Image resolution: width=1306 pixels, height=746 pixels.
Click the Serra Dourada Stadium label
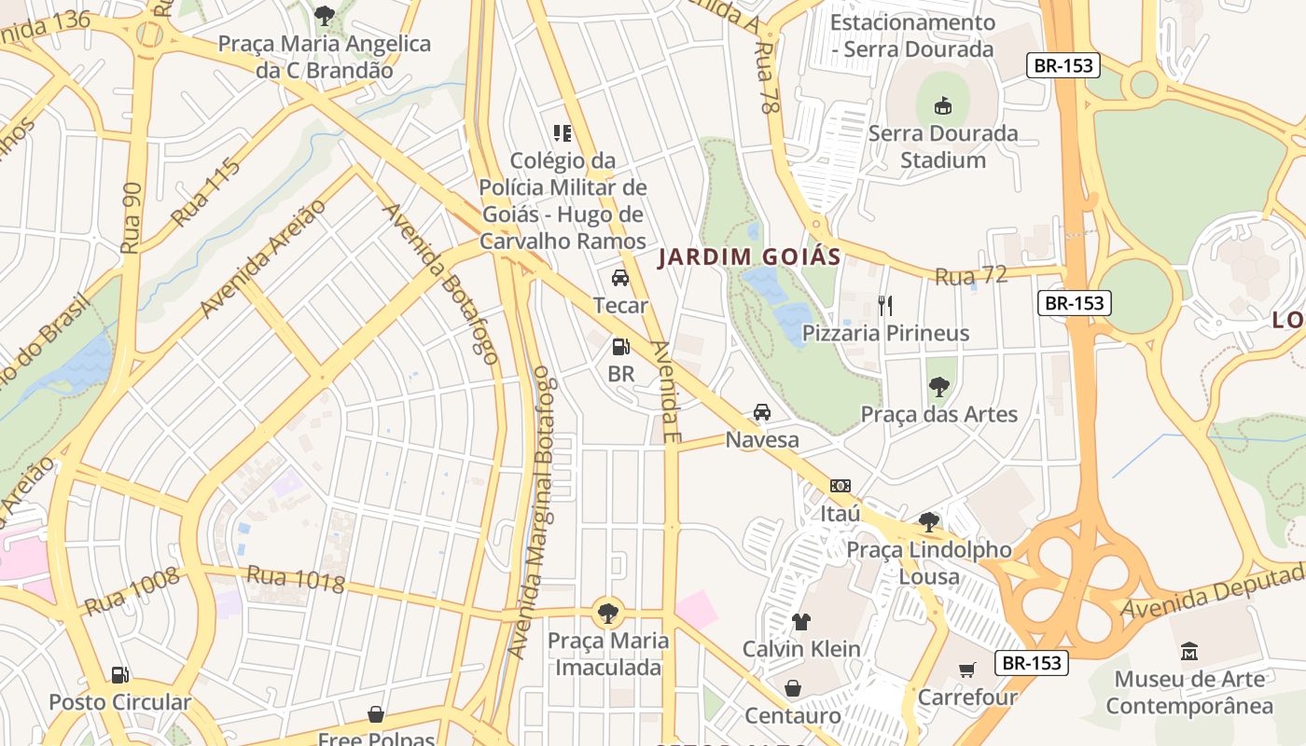pos(943,146)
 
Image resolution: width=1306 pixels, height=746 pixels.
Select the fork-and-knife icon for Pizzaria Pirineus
pos(885,304)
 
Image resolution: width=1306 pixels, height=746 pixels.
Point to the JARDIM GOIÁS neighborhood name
pos(749,257)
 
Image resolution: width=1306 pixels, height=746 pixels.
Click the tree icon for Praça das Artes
pos(938,386)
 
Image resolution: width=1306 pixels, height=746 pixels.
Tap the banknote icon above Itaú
pos(840,486)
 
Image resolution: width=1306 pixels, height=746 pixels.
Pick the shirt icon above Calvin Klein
pos(801,621)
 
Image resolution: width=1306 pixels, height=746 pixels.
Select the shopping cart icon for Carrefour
pos(967,670)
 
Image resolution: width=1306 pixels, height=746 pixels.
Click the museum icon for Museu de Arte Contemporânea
pos(1188,650)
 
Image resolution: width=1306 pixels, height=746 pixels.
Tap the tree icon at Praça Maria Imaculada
pos(608,613)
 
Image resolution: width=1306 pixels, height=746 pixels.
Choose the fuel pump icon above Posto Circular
pos(119,674)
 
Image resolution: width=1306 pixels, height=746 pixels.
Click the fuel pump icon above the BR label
pos(620,347)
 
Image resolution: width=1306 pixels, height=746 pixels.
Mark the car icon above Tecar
pos(620,278)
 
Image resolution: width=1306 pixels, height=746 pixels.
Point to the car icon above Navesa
pos(762,412)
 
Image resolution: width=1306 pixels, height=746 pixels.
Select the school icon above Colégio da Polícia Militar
pos(563,133)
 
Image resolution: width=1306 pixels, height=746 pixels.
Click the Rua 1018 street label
pos(296,579)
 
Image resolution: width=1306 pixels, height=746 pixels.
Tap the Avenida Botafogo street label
pos(440,283)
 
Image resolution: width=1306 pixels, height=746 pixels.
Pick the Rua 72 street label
pos(971,276)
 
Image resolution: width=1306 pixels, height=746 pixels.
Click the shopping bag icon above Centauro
pos(792,688)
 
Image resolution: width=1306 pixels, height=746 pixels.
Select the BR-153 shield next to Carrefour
pos(1031,663)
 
